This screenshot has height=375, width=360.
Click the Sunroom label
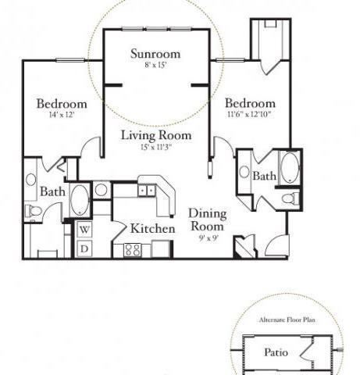point(155,54)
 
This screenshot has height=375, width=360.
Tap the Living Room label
point(156,134)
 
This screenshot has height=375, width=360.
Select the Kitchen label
point(151,228)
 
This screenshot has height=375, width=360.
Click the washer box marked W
point(84,230)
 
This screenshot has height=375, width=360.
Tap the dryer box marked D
point(84,248)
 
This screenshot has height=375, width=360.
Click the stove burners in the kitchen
point(132,250)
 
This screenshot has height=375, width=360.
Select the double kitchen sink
point(146,189)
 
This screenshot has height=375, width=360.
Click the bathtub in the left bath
point(80,200)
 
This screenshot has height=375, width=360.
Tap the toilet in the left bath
point(33,212)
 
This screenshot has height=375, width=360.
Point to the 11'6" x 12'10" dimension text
point(250,115)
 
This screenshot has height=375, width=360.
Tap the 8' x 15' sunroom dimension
point(155,66)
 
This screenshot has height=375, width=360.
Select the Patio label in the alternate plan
point(275,352)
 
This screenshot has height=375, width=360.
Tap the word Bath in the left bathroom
point(52,191)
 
